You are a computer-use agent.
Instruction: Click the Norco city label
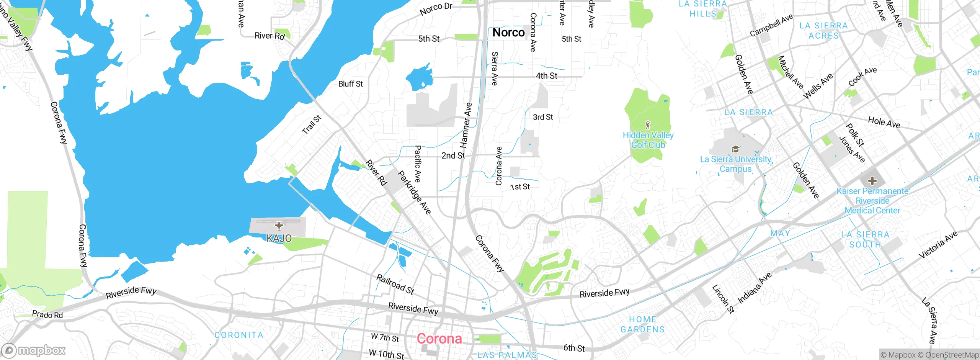(508, 33)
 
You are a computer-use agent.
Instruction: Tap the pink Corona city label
(439, 339)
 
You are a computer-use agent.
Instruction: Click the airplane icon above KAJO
(279, 226)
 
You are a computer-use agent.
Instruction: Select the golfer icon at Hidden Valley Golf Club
(648, 125)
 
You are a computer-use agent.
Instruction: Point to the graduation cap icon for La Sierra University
(735, 149)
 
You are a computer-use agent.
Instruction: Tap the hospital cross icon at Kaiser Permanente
(872, 180)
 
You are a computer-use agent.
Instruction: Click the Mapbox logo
(34, 350)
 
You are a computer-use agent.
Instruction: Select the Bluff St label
(350, 84)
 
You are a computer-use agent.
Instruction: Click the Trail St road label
(312, 125)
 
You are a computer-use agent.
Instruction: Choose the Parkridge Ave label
(414, 192)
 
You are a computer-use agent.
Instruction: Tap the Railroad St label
(395, 284)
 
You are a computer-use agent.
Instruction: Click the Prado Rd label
(47, 314)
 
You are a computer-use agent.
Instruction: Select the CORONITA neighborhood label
(239, 335)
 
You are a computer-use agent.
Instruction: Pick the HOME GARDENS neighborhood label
(642, 324)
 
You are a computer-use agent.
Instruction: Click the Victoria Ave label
(938, 245)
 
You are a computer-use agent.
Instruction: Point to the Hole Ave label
(884, 123)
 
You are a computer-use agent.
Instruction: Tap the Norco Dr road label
(436, 9)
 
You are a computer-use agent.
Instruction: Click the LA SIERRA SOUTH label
(865, 239)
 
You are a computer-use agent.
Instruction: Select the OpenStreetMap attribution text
(952, 355)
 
